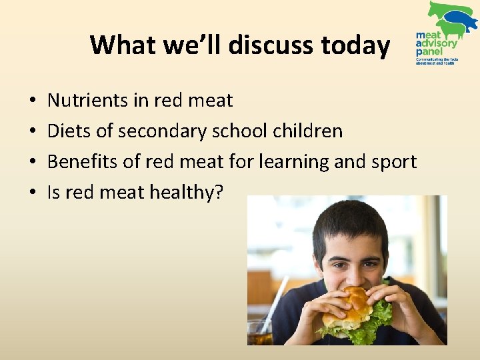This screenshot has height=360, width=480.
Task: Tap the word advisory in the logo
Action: [439, 43]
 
